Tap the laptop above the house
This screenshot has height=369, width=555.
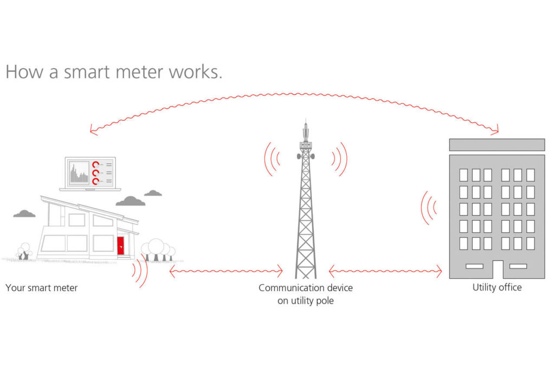point(90,174)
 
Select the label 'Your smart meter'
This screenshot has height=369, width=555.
point(42,288)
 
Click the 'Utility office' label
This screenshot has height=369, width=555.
point(496,287)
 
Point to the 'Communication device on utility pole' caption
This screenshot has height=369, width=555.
point(305,294)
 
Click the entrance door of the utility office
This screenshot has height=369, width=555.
point(497,269)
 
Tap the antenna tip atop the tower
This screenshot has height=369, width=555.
point(305,122)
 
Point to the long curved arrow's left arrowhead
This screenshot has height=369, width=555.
point(93,130)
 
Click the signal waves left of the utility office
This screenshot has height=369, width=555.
point(429,207)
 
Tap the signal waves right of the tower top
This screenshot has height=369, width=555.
point(339,159)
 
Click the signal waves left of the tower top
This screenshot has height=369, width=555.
point(272,159)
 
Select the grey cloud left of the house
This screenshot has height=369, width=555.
point(24,214)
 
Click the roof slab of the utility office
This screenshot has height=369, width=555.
point(497,144)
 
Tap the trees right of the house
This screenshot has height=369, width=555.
point(159,250)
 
